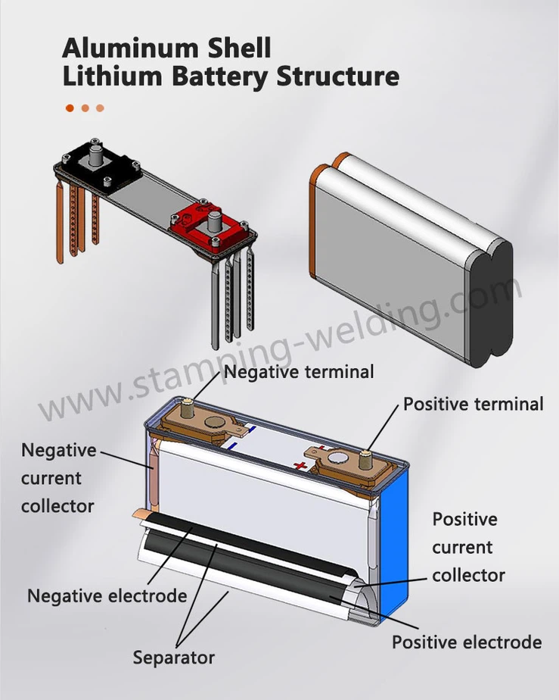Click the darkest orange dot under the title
click(70, 108)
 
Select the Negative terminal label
click(298, 372)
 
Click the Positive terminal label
click(473, 404)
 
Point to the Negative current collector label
click(58, 478)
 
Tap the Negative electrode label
click(107, 596)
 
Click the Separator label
click(173, 658)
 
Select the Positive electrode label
click(466, 642)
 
